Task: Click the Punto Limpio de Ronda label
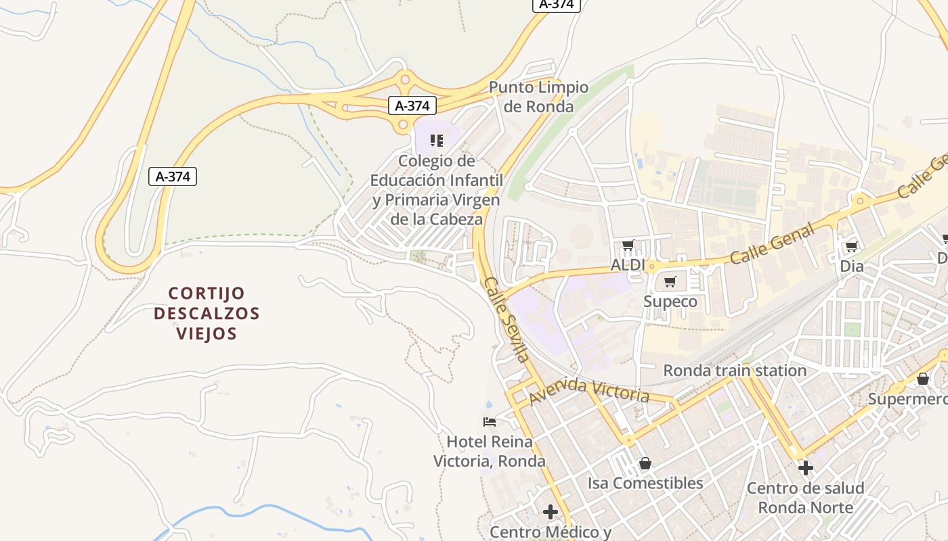[x=539, y=97]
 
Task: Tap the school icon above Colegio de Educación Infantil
[x=437, y=141]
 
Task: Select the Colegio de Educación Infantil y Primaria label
[x=437, y=190]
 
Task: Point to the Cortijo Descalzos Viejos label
[x=207, y=313]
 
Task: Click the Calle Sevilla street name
[x=506, y=319]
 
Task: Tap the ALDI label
[x=628, y=265]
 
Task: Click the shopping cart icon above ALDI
[x=628, y=245]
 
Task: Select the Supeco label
[x=670, y=302]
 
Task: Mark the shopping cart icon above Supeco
[x=670, y=282]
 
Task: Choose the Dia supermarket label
[x=852, y=266]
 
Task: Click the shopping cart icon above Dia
[x=851, y=247]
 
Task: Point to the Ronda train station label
[x=735, y=371]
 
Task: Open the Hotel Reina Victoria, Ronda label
[x=489, y=452]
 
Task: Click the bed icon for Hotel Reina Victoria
[x=490, y=423]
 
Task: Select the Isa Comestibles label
[x=645, y=483]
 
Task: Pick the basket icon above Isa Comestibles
[x=645, y=463]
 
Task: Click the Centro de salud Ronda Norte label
[x=805, y=498]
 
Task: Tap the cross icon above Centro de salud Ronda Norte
[x=805, y=467]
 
